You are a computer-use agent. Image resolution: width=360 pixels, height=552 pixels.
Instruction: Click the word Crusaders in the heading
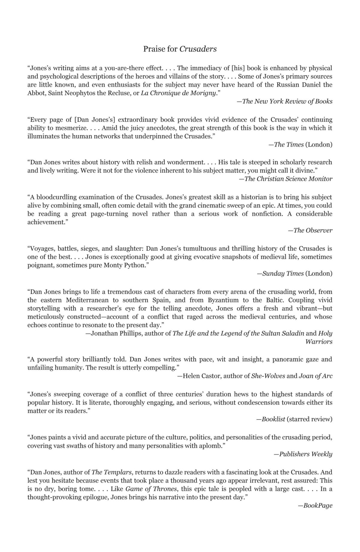pos(198,49)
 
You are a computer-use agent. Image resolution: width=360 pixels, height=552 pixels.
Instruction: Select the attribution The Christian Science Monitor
pos(288,179)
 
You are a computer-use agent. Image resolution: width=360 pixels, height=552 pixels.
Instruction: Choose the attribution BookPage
pos(318,506)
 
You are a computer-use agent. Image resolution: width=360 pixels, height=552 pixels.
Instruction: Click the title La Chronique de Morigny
pos(178,93)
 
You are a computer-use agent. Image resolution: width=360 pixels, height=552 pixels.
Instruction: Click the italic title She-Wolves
pos(268,376)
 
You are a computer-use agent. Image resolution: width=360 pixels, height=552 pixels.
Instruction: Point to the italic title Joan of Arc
pos(316,376)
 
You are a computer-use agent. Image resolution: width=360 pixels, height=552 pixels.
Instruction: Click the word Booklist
pos(273,419)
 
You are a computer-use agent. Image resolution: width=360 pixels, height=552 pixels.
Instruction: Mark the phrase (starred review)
pos(309,419)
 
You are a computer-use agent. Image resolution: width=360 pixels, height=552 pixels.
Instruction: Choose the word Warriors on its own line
pos(319,342)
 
